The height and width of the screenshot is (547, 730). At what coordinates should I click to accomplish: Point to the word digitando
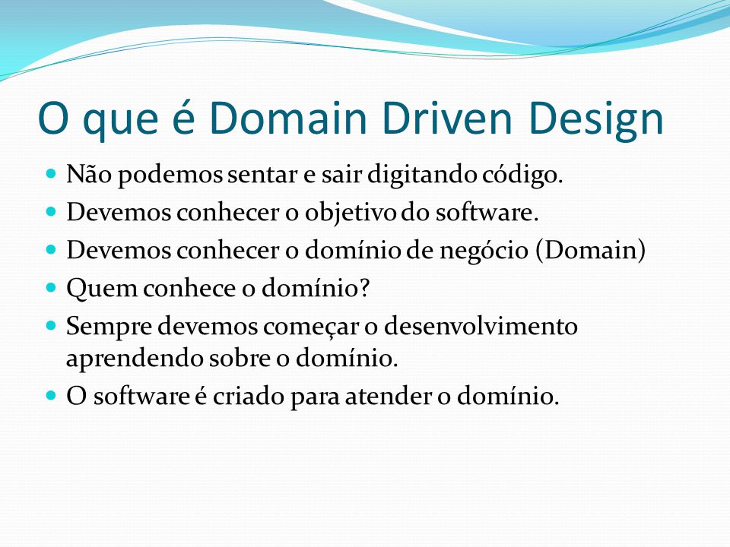point(422,175)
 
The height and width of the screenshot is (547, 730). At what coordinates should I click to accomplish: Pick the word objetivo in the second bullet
point(351,213)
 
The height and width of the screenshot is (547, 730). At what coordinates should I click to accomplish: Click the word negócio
point(484,251)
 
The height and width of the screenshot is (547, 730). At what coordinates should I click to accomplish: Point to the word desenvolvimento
point(481,326)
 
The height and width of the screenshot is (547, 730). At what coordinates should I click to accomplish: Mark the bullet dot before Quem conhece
point(51,287)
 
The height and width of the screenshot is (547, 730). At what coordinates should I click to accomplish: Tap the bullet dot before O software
point(51,396)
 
